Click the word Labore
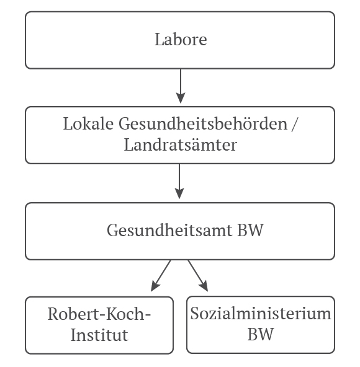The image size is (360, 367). (x=181, y=39)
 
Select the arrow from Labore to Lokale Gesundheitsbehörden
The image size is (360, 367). (x=181, y=86)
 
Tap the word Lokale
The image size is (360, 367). (x=88, y=123)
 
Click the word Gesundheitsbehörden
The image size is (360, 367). (x=203, y=124)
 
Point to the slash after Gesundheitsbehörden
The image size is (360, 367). (x=294, y=125)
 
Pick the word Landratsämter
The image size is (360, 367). (x=181, y=145)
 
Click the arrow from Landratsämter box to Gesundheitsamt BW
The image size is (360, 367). (x=179, y=181)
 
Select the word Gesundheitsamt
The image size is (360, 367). (x=170, y=230)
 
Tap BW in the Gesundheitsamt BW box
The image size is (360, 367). (x=251, y=230)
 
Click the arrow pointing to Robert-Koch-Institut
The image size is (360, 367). (x=161, y=276)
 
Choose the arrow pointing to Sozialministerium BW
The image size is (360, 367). (x=198, y=276)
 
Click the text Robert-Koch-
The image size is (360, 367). (x=99, y=314)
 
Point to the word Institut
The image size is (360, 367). (x=99, y=335)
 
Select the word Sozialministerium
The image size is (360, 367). (x=261, y=313)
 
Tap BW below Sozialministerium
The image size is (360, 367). (x=261, y=334)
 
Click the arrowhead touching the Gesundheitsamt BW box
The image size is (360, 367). (x=179, y=193)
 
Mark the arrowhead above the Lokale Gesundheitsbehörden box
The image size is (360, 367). (x=181, y=98)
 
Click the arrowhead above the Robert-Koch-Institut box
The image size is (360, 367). (x=155, y=286)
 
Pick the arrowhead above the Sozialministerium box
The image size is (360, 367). (x=204, y=286)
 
